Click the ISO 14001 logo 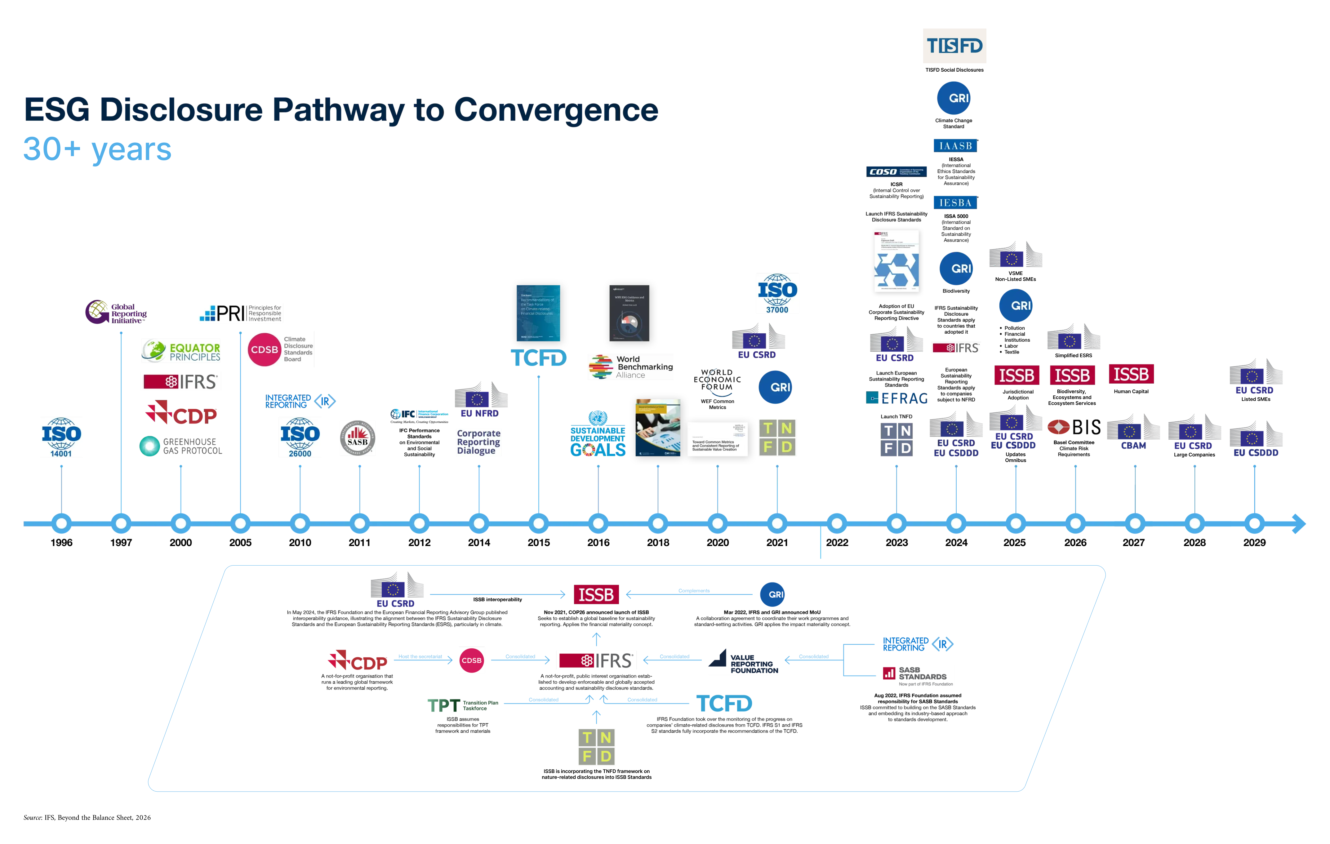[61, 437]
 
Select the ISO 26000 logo [300, 437]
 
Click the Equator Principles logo [180, 351]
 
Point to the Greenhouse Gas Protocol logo [180, 446]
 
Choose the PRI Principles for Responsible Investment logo [240, 313]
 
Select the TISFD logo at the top [954, 46]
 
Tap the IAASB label [955, 146]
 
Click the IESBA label [955, 203]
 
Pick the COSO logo [896, 172]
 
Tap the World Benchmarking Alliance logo [630, 367]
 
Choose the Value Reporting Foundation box [743, 661]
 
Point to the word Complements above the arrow [694, 590]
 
